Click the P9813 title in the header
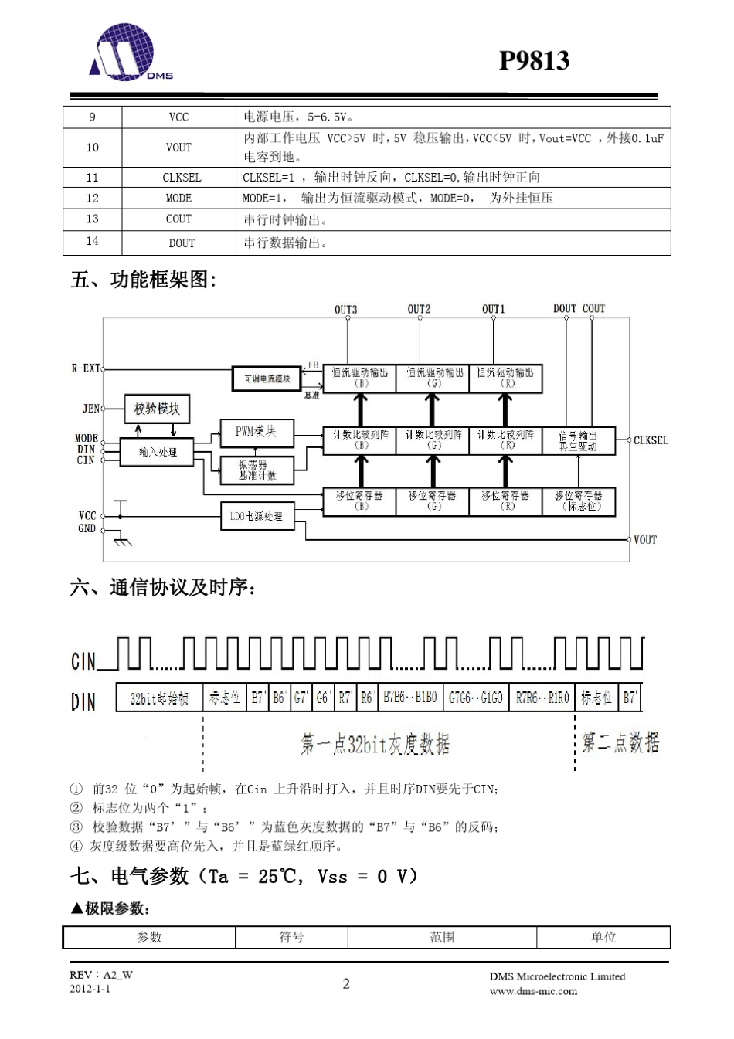(533, 60)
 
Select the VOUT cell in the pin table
(178, 148)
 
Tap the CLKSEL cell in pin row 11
(181, 177)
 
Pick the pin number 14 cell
(92, 242)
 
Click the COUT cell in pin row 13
(178, 219)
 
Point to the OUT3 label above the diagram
(345, 310)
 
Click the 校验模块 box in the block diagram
(157, 409)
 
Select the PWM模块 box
(257, 433)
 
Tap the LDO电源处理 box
(257, 517)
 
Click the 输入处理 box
(158, 452)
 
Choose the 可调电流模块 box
(267, 379)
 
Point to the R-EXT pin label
(86, 368)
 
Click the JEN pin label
(90, 408)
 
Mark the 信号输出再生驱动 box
(578, 441)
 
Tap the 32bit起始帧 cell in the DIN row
(159, 698)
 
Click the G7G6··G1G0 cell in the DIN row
(476, 698)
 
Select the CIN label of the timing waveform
(83, 661)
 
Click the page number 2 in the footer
(346, 983)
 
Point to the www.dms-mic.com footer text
(533, 991)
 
